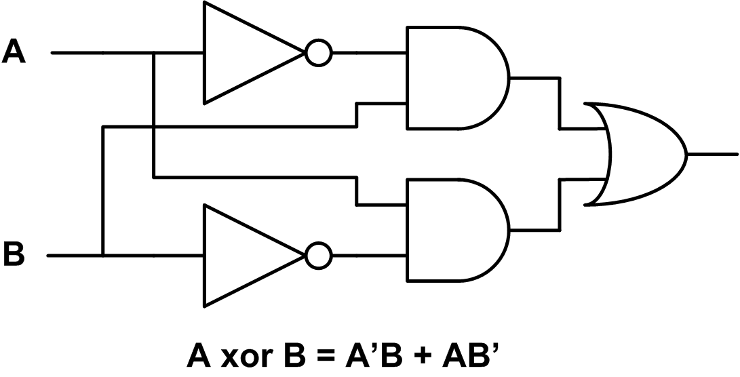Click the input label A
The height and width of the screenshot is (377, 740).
[14, 52]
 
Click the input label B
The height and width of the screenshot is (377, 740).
[14, 256]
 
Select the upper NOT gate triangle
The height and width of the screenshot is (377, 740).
[244, 52]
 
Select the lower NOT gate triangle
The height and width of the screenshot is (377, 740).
[244, 256]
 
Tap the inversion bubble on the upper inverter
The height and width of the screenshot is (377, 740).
[318, 52]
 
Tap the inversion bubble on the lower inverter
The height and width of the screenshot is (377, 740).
[318, 256]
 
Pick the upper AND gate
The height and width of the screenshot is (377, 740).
[451, 78]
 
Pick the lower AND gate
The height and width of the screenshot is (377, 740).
[451, 231]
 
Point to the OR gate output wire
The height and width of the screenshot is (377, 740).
[712, 154]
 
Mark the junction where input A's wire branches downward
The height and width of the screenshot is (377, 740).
[155, 52]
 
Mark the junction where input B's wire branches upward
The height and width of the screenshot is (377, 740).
[103, 256]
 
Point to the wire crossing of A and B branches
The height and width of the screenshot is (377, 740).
[155, 126]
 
